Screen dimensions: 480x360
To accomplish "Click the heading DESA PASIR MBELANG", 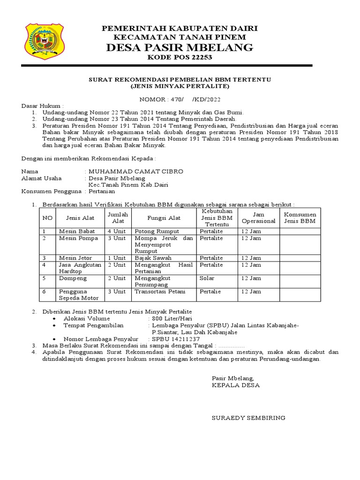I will pyautogui.click(x=180, y=47).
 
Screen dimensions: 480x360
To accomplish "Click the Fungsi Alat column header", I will pyautogui.click(x=164, y=218).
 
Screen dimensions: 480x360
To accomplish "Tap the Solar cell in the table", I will pyautogui.click(x=207, y=278).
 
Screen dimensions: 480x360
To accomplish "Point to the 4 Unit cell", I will pyautogui.click(x=117, y=231).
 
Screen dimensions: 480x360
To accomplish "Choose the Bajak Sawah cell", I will pyautogui.click(x=153, y=258).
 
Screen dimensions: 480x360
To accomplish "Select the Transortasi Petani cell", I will pyautogui.click(x=160, y=292).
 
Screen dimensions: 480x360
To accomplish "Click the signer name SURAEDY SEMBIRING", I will pyautogui.click(x=248, y=418).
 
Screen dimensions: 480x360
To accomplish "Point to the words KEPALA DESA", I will pyautogui.click(x=236, y=385).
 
